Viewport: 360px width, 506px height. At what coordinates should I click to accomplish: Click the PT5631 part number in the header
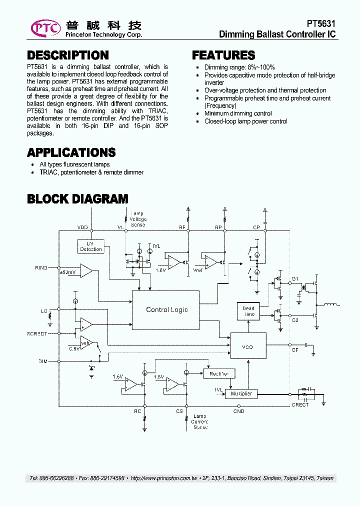pyautogui.click(x=321, y=24)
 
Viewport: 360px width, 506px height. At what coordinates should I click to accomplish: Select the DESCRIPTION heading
pyautogui.click(x=67, y=55)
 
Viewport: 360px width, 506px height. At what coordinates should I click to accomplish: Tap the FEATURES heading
pyautogui.click(x=223, y=55)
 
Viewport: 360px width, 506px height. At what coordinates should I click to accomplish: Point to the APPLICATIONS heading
pyautogui.click(x=71, y=152)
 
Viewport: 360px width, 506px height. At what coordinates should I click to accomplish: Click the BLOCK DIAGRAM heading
pyautogui.click(x=77, y=199)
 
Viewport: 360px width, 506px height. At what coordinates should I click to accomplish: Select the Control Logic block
pyautogui.click(x=166, y=310)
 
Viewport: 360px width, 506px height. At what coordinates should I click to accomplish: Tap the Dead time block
pyautogui.click(x=248, y=311)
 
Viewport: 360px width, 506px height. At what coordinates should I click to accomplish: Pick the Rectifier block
pyautogui.click(x=218, y=373)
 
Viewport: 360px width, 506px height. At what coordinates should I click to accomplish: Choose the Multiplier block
pyautogui.click(x=241, y=394)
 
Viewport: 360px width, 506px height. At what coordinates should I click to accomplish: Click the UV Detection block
pyautogui.click(x=91, y=246)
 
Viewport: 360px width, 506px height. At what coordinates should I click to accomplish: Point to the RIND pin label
pyautogui.click(x=41, y=268)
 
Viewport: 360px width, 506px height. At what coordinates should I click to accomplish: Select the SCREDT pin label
pyautogui.click(x=37, y=333)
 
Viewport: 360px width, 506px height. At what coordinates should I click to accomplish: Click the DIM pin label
pyautogui.click(x=43, y=360)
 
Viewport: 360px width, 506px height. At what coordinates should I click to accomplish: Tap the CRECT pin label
pyautogui.click(x=300, y=405)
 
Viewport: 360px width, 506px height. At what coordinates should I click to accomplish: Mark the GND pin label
pyautogui.click(x=238, y=411)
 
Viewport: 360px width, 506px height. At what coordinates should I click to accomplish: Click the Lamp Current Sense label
pyautogui.click(x=199, y=421)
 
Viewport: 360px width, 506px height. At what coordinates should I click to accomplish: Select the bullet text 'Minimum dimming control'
pyautogui.click(x=238, y=113)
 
